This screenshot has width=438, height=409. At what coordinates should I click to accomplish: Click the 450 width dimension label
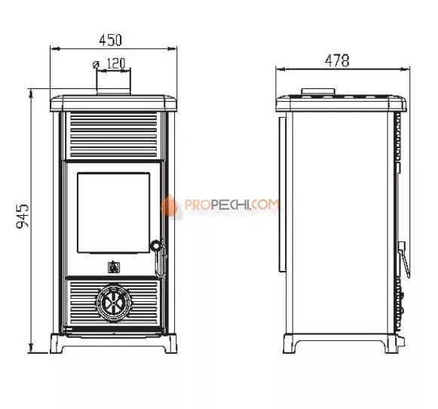pos(110,40)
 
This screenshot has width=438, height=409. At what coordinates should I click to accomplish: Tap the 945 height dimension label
pos(23,216)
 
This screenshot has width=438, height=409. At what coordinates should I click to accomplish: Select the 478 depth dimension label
pos(337,60)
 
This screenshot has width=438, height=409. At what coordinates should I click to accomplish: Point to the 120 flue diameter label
pos(116,63)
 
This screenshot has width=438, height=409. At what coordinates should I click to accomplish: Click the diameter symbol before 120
pos(96,65)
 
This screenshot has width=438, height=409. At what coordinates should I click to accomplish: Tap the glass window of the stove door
pos(113,213)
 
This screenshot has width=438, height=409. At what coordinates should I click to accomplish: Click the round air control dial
pos(114,302)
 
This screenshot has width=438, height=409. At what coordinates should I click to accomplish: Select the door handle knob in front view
pos(155,246)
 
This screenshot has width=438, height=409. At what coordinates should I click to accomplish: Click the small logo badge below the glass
pos(114,266)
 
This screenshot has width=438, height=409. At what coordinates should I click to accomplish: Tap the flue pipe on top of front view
pos(113,81)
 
